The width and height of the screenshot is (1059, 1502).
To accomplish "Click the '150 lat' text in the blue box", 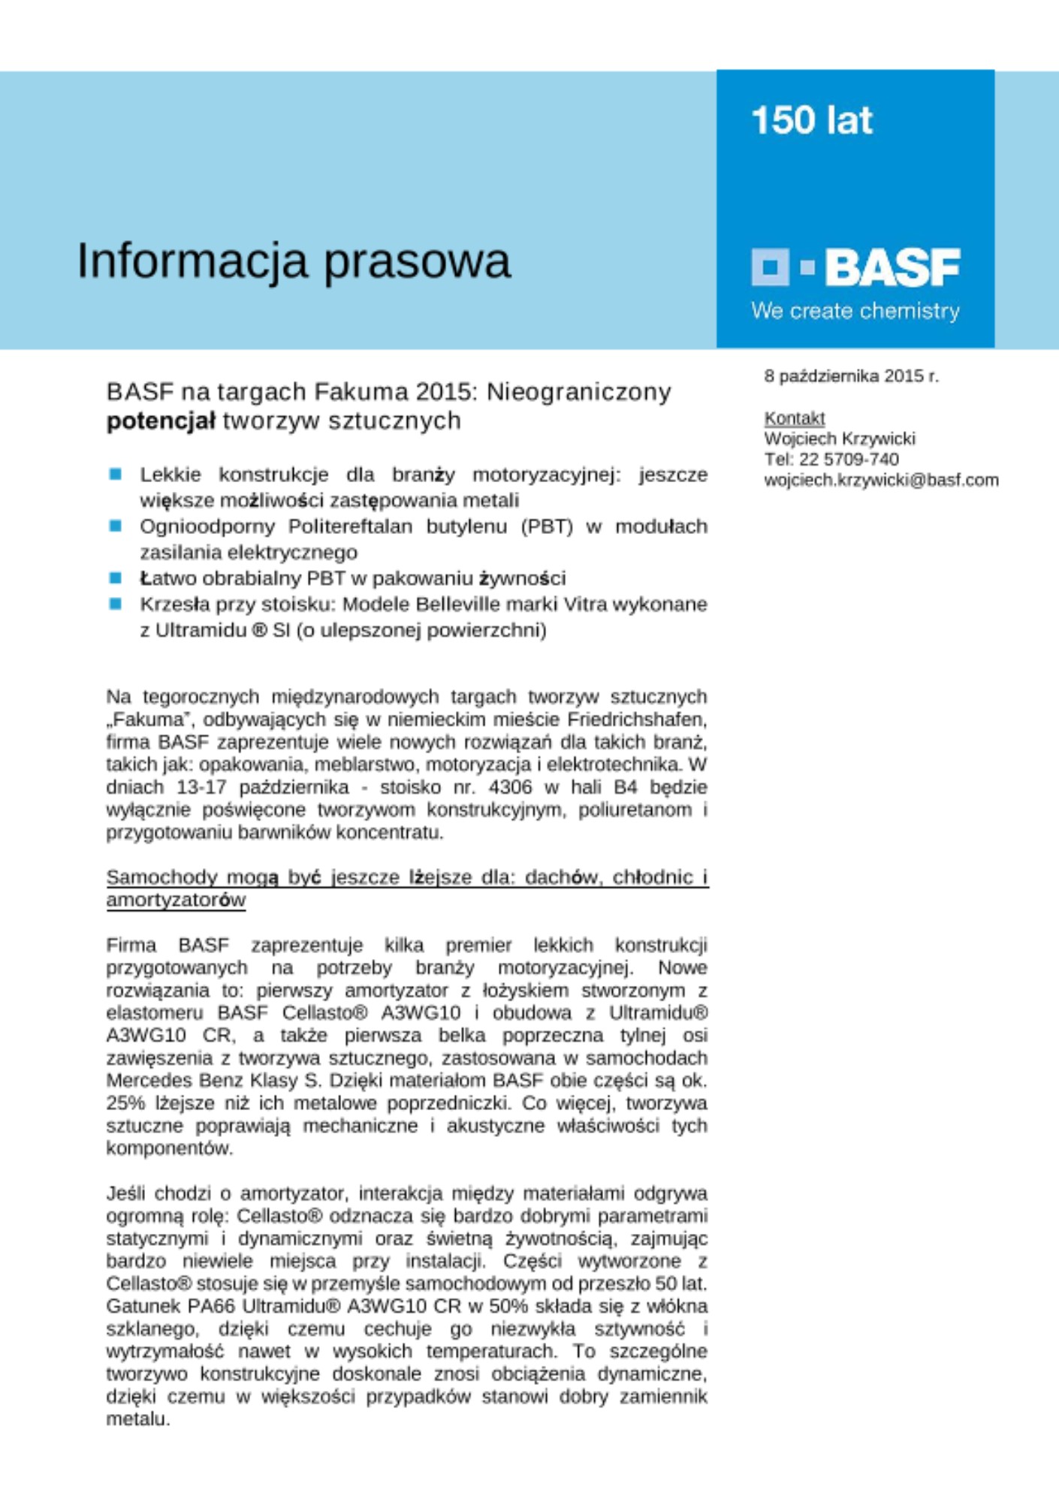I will (x=811, y=120).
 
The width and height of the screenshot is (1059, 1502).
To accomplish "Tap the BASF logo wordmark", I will (x=892, y=267).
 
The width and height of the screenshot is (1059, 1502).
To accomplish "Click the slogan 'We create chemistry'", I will (x=855, y=311).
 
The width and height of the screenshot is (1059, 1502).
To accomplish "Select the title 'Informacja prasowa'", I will (x=294, y=261).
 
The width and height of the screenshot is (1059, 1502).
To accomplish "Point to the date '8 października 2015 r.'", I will (x=851, y=375).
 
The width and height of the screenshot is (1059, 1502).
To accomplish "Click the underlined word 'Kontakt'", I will (x=794, y=418).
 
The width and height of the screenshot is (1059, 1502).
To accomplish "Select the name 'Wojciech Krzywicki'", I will (x=839, y=439).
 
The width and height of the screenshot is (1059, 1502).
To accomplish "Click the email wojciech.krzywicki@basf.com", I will (x=881, y=480).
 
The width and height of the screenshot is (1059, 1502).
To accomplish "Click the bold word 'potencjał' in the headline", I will (x=161, y=421).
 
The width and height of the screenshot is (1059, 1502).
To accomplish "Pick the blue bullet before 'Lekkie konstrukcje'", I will (x=115, y=474).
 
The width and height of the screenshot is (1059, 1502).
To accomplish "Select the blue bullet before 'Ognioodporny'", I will (x=115, y=526).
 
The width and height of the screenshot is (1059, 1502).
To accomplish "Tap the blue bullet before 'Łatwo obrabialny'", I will (x=115, y=578).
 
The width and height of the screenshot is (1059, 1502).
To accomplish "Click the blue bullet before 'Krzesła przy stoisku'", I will (x=115, y=604).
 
